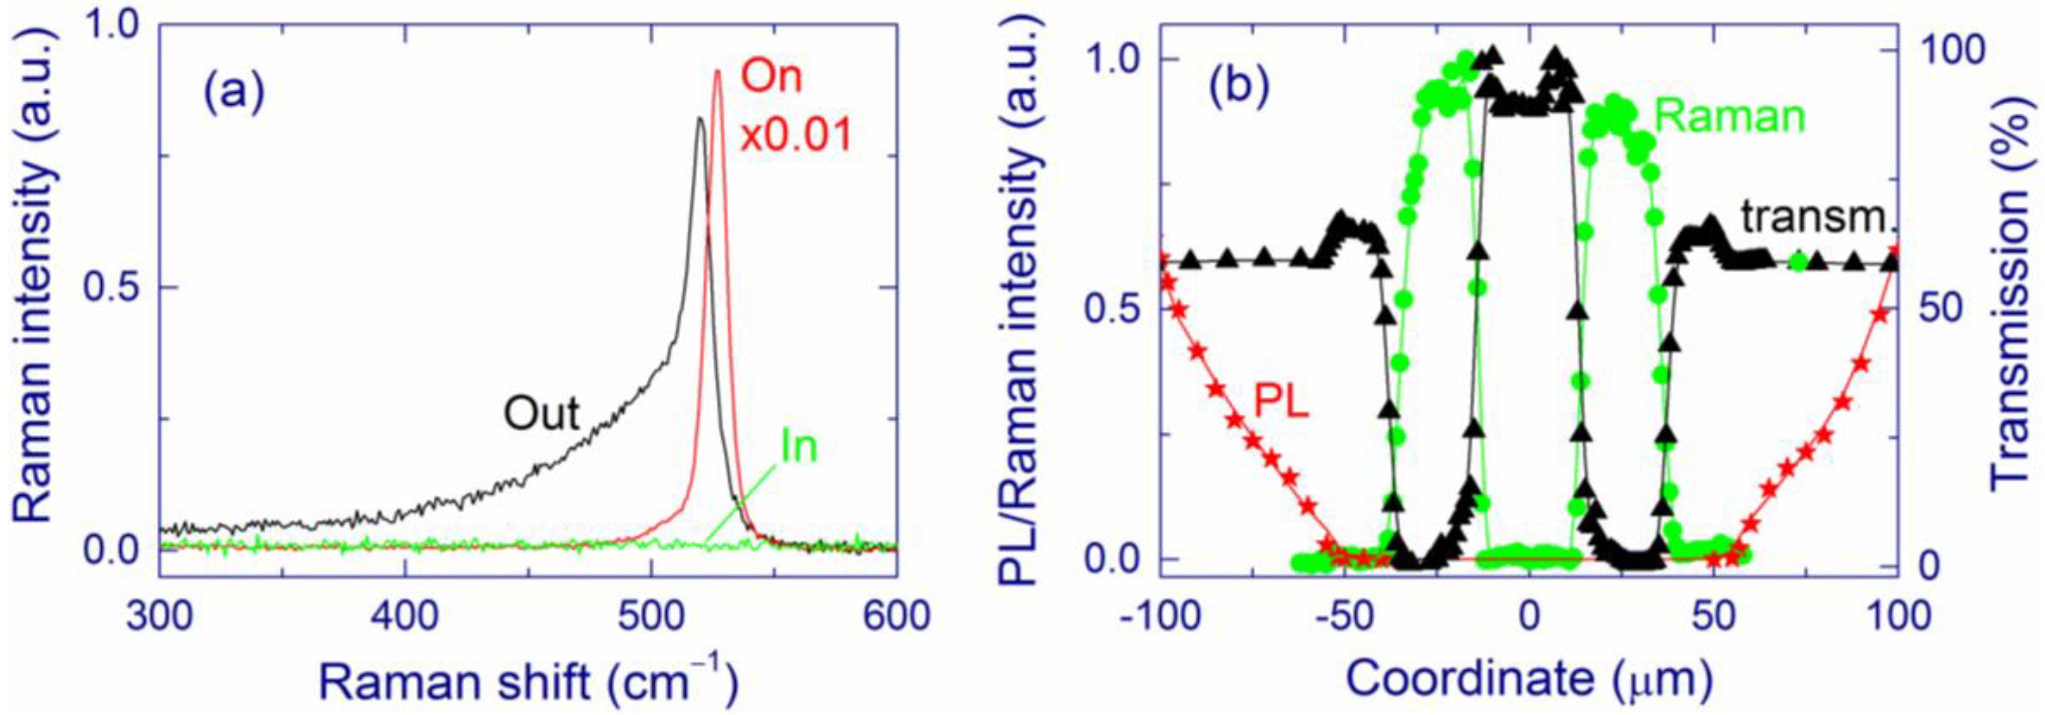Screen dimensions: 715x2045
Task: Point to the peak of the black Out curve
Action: click(699, 119)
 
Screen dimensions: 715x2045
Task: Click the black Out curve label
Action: click(542, 414)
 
